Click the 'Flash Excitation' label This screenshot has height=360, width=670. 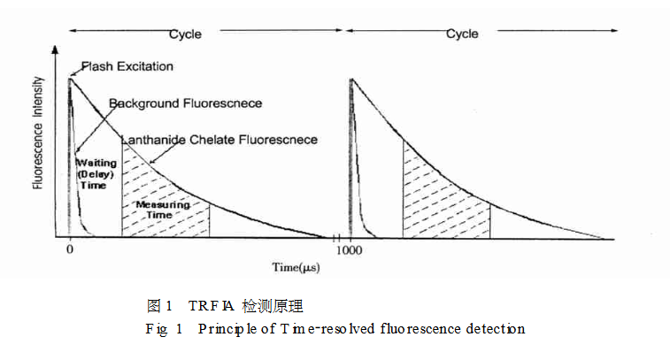tap(127, 66)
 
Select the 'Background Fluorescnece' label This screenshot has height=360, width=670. tap(185, 103)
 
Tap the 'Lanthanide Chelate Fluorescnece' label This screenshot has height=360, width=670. tap(219, 140)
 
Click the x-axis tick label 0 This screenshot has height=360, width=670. tap(70, 250)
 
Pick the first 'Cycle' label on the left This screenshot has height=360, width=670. tap(185, 34)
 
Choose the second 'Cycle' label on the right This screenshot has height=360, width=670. tap(461, 34)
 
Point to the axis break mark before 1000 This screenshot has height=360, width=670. tap(336, 238)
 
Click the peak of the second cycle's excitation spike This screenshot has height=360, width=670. tap(351, 80)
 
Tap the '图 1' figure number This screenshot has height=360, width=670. tap(158, 307)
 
